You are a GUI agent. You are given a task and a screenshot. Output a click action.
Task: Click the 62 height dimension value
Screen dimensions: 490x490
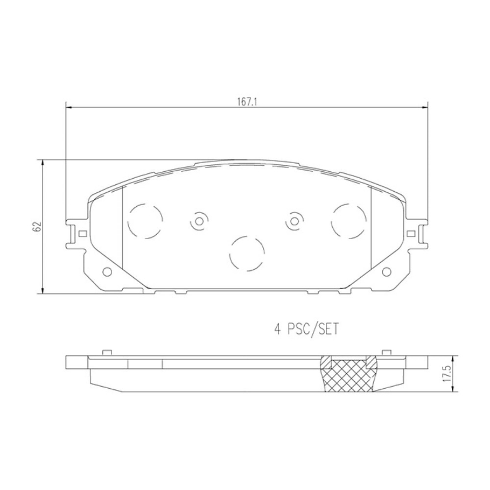(x=38, y=226)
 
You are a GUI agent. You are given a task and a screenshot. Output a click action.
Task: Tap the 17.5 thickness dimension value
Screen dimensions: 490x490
(x=447, y=373)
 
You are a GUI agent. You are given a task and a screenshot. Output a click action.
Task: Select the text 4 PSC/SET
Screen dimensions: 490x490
(x=306, y=330)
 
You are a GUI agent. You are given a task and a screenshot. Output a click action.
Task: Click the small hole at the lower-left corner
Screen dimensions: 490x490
(x=107, y=272)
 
